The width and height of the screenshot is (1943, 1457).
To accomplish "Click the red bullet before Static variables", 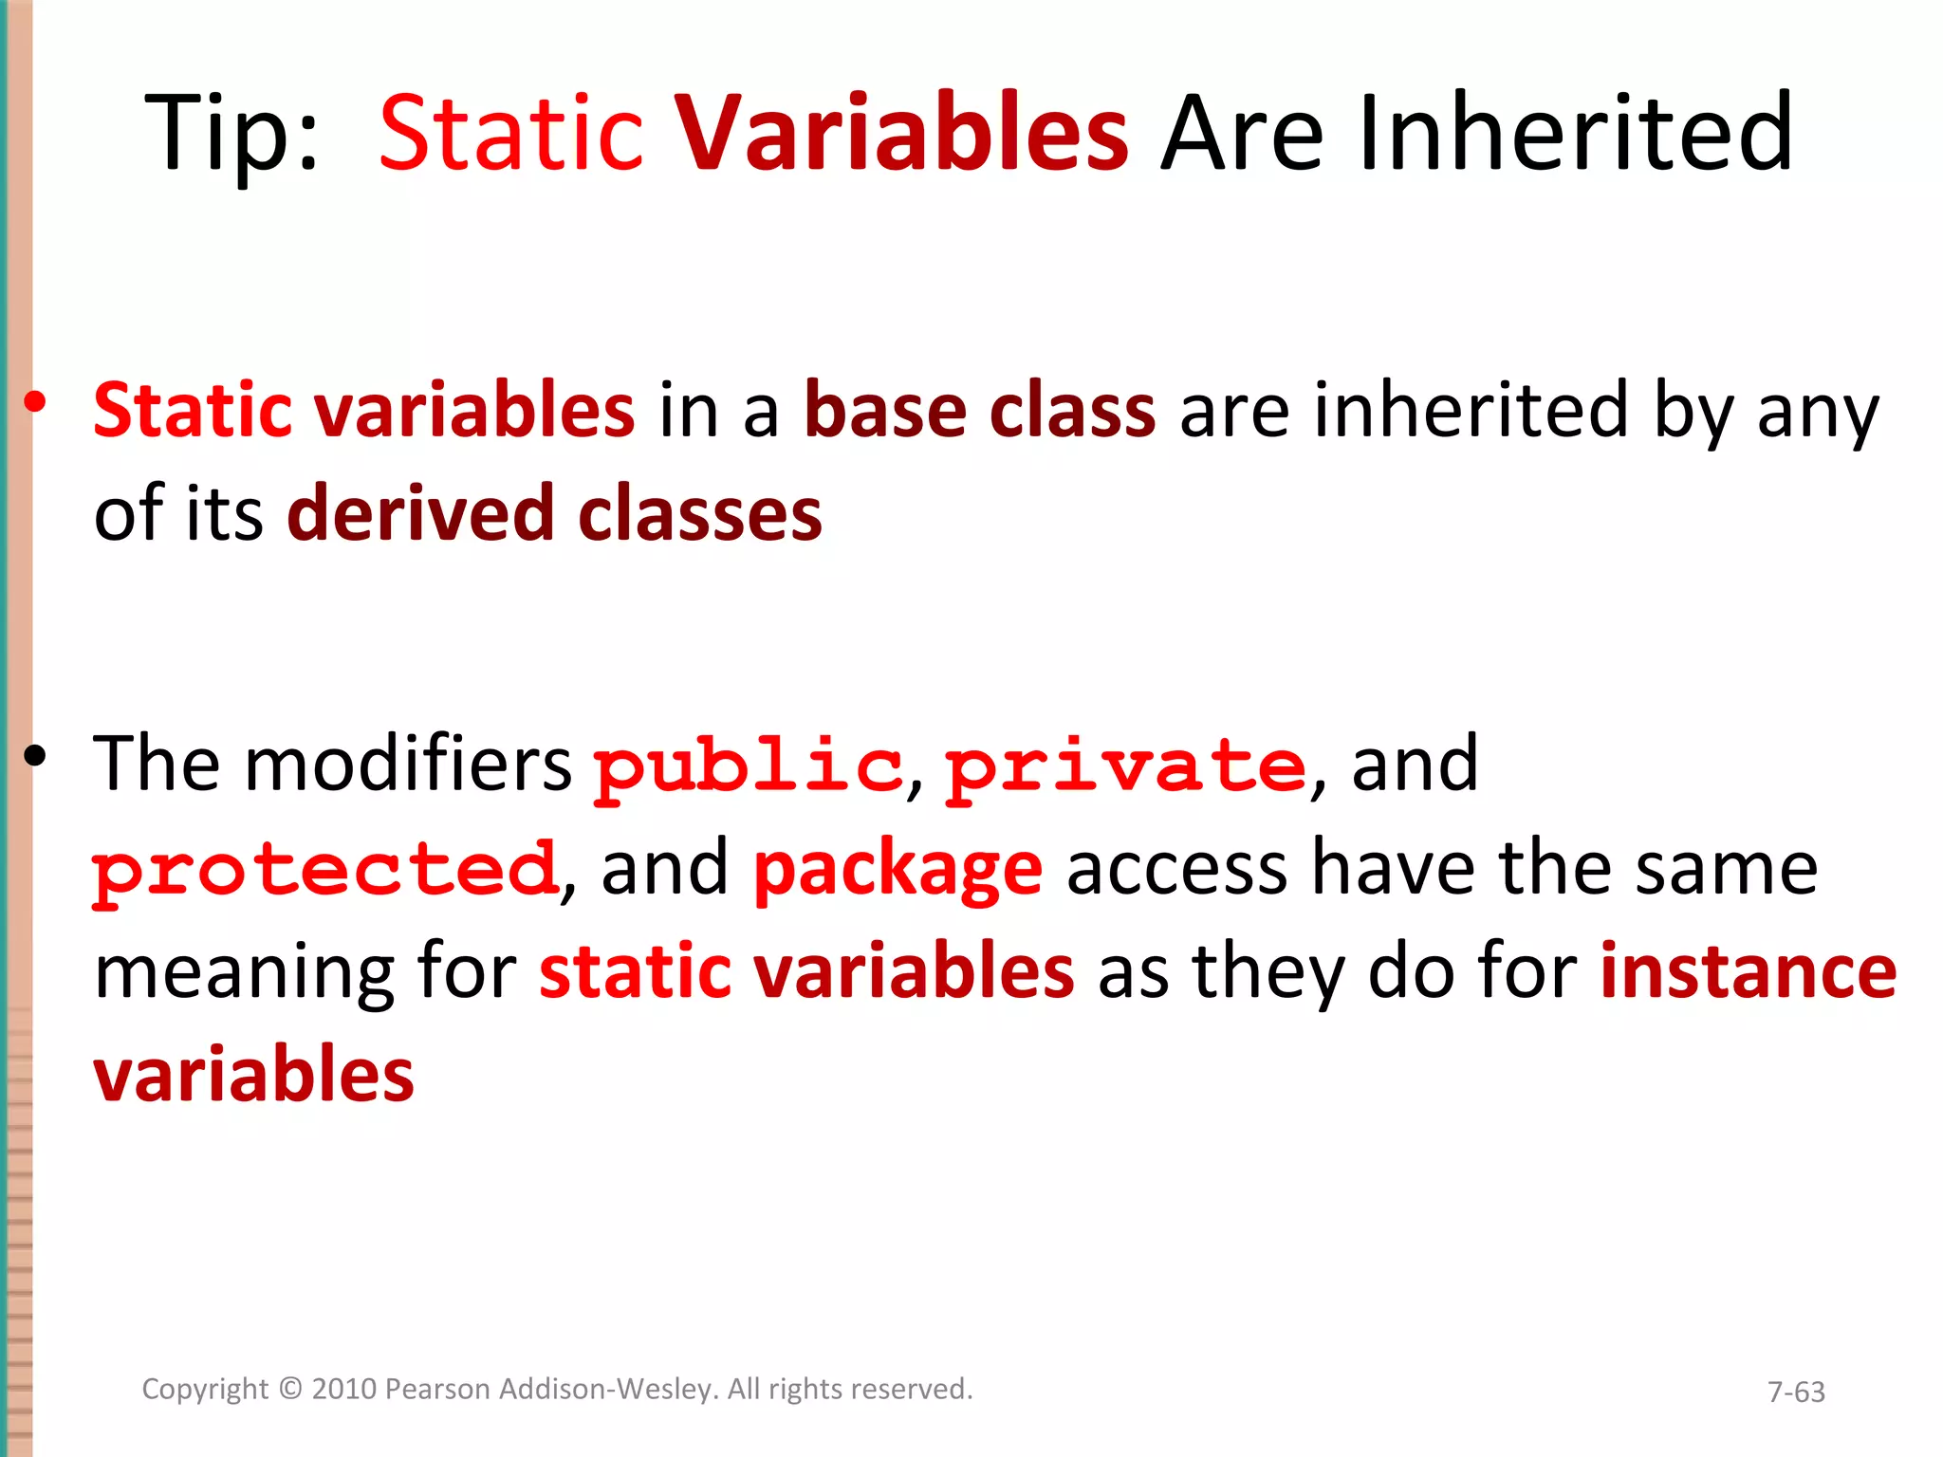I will pos(35,403).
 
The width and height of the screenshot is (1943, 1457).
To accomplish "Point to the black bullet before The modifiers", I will pos(35,756).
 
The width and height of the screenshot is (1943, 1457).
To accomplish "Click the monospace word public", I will pos(748,766).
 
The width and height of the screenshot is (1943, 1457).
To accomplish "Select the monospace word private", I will pos(1126,766).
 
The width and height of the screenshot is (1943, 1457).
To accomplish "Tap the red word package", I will pos(897,871).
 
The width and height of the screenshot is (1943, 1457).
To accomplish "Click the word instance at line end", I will pos(1748,972).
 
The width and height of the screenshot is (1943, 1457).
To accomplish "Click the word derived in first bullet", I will pos(420,514).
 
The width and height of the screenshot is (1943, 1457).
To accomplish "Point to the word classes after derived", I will pos(699,514).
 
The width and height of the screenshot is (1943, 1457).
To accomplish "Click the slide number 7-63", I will pos(1796,1392).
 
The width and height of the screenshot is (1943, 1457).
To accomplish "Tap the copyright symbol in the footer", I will pos(290,1390).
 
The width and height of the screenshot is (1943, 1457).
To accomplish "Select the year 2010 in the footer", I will pos(345,1390).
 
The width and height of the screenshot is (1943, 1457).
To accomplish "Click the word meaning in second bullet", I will pos(244,974).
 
